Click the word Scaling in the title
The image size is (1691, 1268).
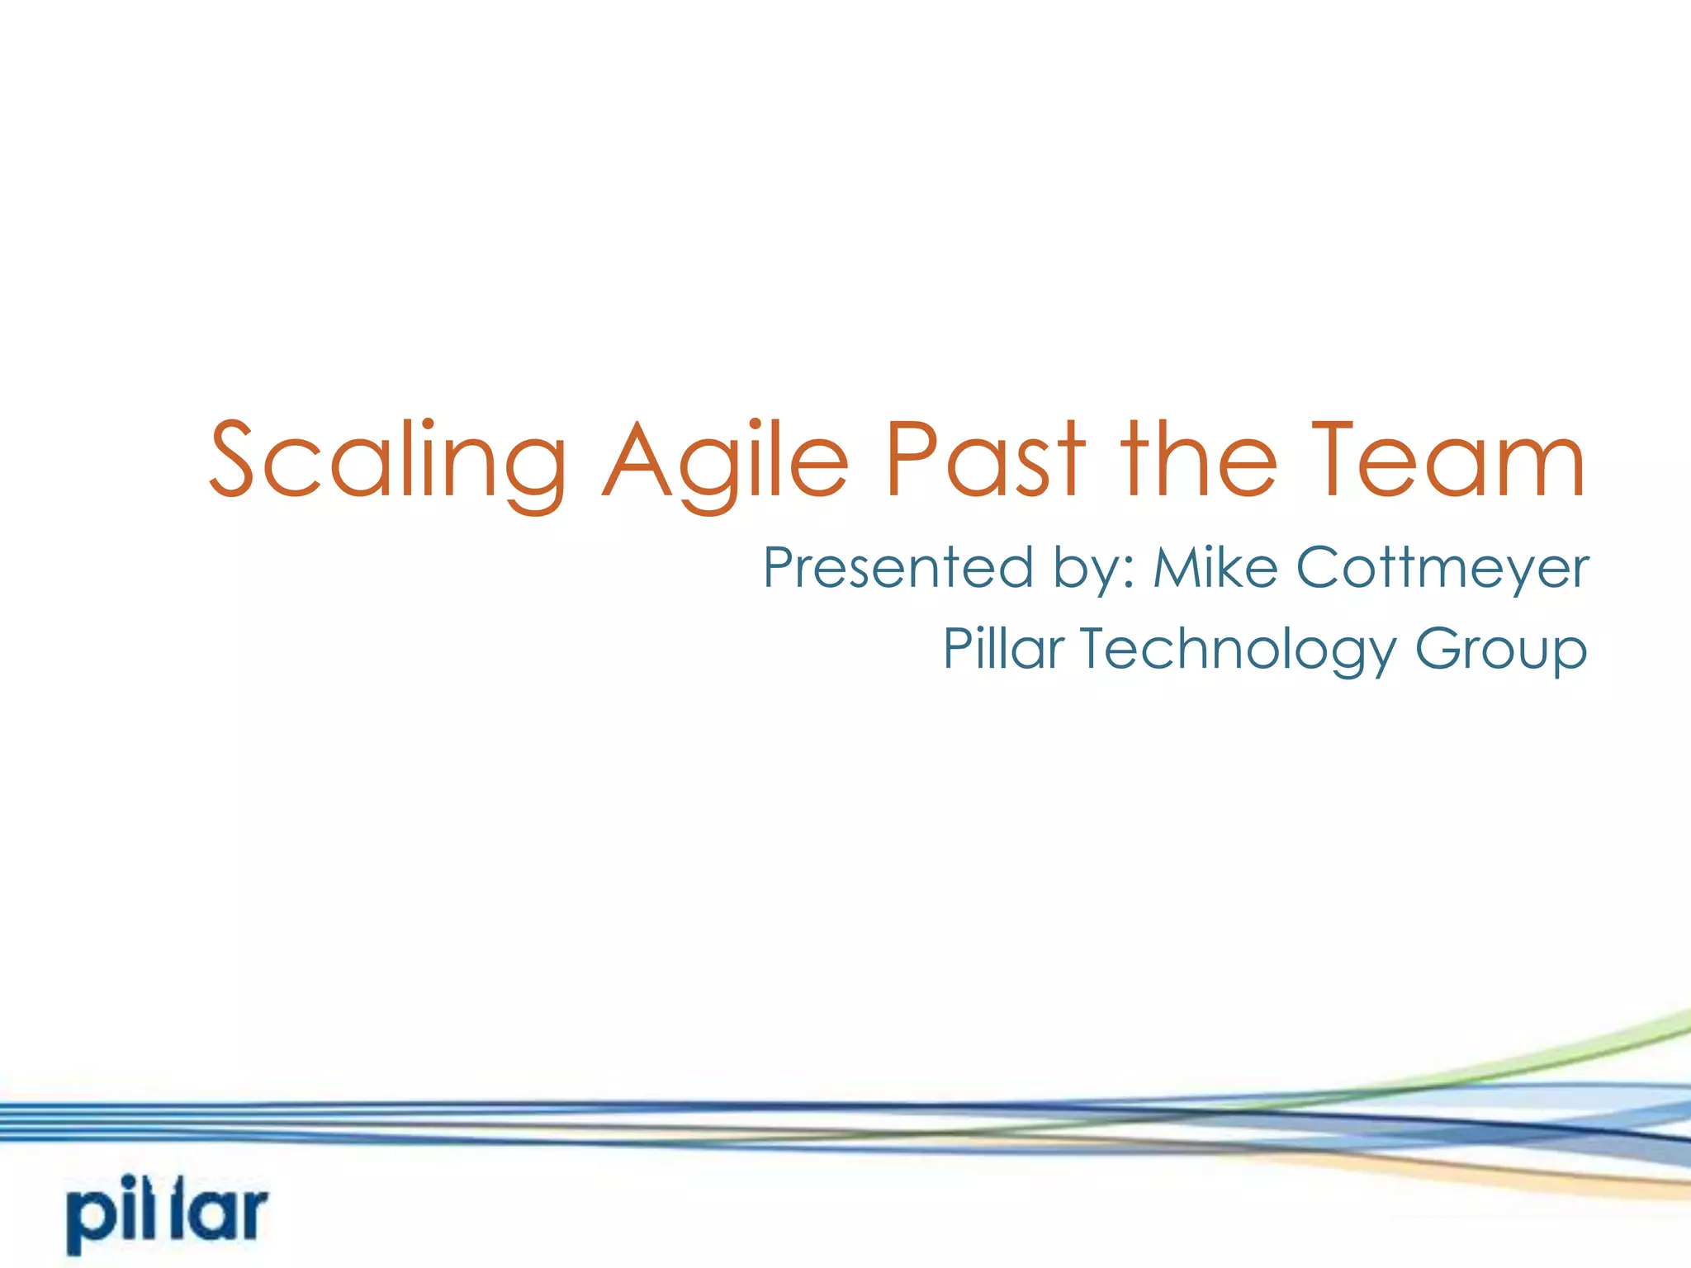[x=386, y=462]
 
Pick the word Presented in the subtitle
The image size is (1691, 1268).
[x=898, y=568]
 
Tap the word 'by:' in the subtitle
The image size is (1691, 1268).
[x=1095, y=570]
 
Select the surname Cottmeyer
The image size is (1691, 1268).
[x=1442, y=568]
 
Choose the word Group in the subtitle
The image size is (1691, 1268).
[x=1500, y=650]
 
